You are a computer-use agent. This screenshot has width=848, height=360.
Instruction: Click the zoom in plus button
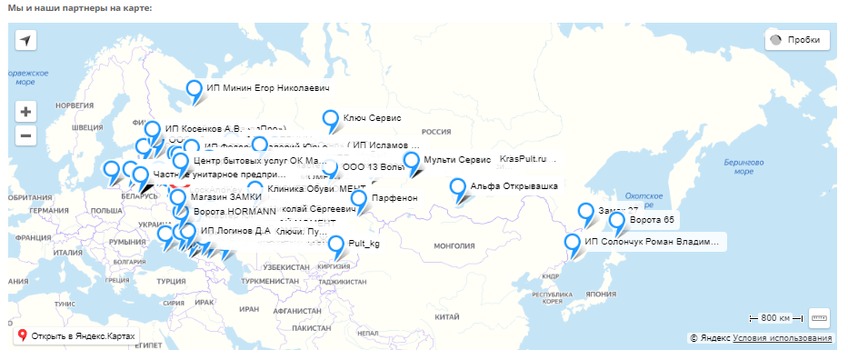[26, 113]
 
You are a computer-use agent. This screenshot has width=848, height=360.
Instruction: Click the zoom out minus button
[26, 136]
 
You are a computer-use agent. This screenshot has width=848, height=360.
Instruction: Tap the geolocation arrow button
[26, 41]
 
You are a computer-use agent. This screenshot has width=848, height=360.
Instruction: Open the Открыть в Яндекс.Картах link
[76, 335]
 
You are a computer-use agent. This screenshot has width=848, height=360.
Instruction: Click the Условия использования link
[782, 338]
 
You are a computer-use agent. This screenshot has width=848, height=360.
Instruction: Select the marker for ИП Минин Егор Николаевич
[194, 90]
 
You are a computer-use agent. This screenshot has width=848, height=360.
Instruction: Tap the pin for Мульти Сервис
[412, 161]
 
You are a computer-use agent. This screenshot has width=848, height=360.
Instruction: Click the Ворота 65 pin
[617, 221]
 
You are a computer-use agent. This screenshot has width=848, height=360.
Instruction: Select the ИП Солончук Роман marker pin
[573, 243]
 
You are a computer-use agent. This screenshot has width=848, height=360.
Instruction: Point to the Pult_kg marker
[336, 245]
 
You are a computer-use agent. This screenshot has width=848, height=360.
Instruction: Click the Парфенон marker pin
[359, 198]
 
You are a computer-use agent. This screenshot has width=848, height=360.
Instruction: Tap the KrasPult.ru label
[527, 159]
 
